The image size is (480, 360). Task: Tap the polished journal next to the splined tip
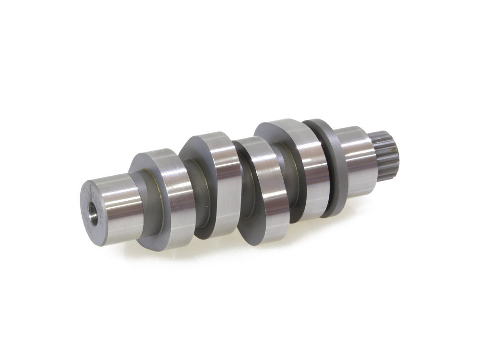358,161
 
